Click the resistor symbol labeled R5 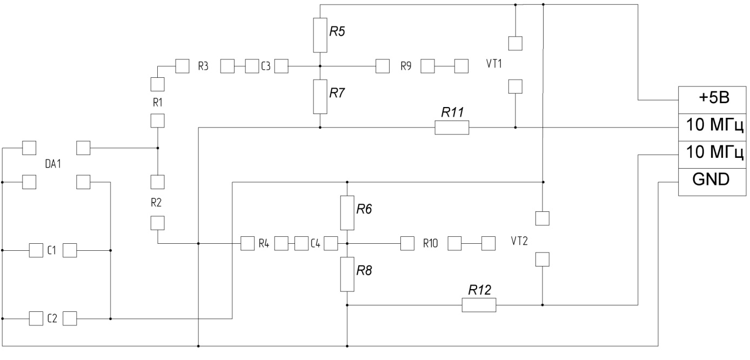point(320,35)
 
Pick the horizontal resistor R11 point(452,128)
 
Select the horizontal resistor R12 point(479,305)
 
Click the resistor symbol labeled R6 point(347,212)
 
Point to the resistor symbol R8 point(347,274)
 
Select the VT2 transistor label point(519,241)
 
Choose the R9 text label point(406,66)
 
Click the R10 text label point(431,243)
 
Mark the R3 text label point(204,66)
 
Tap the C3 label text point(266,66)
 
